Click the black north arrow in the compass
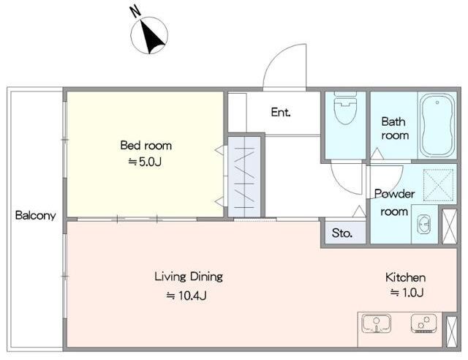pyautogui.click(x=151, y=37)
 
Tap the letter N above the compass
pyautogui.click(x=135, y=12)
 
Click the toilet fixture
pyautogui.click(x=345, y=108)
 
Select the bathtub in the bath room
pyautogui.click(x=437, y=125)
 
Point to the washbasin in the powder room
pyautogui.click(x=423, y=224)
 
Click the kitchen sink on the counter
pyautogui.click(x=376, y=323)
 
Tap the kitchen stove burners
pyautogui.click(x=423, y=323)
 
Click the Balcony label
pyautogui.click(x=36, y=216)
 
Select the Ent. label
pyautogui.click(x=281, y=113)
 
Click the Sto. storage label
pyautogui.click(x=342, y=233)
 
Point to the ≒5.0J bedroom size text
pyautogui.click(x=145, y=162)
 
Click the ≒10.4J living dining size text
pyautogui.click(x=186, y=296)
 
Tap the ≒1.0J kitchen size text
pyautogui.click(x=407, y=293)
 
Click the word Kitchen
pyautogui.click(x=405, y=277)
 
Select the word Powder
pyautogui.click(x=394, y=194)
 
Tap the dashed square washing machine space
pyautogui.click(x=438, y=184)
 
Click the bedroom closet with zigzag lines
pyautogui.click(x=244, y=177)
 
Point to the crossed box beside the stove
pyautogui.click(x=451, y=331)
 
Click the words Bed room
pyautogui.click(x=146, y=146)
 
